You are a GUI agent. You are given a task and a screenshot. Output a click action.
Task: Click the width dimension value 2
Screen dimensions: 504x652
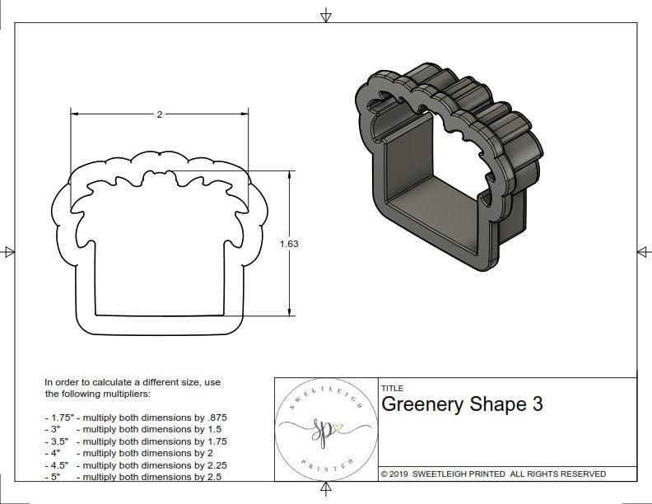pos(159,114)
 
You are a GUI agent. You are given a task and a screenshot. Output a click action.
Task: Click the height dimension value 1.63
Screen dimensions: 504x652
pos(290,244)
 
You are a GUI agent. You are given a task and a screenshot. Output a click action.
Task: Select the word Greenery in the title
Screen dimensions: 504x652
pos(421,406)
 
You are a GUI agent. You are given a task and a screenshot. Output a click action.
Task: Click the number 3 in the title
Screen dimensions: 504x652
pos(537,406)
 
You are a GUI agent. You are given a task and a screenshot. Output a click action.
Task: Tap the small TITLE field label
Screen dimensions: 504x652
pos(392,389)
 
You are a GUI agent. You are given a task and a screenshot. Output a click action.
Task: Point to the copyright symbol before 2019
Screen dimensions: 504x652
pos(384,474)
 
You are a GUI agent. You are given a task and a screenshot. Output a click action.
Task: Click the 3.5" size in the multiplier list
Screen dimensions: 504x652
pos(57,441)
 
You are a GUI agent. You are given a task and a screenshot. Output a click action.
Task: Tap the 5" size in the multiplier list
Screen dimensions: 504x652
pos(54,476)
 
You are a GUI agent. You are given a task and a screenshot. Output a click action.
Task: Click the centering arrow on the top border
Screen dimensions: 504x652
pos(326,16)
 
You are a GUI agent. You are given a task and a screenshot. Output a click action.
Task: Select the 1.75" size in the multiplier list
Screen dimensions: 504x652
pos(59,418)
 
